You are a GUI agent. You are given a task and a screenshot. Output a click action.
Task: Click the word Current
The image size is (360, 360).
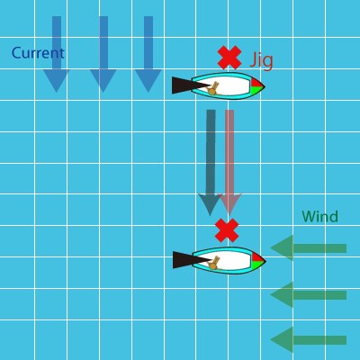(x=38, y=53)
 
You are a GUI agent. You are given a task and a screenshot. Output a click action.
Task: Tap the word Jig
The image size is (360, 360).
(x=262, y=60)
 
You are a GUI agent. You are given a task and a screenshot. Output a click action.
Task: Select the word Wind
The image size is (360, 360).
(x=320, y=216)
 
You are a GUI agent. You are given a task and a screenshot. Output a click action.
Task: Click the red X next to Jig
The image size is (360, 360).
(x=229, y=58)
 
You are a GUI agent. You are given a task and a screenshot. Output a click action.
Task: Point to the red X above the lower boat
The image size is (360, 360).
(x=227, y=230)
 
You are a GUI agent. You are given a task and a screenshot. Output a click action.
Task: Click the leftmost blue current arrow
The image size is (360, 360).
(x=57, y=54)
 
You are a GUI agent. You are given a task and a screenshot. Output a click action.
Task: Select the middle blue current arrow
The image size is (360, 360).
(x=103, y=54)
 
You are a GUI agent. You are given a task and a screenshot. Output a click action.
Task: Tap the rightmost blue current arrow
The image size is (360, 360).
(x=148, y=54)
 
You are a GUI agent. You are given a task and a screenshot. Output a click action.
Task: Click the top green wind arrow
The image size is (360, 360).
(x=309, y=248)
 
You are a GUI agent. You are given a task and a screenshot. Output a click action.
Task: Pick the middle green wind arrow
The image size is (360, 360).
(x=309, y=295)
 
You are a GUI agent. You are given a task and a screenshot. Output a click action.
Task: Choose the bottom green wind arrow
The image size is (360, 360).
(x=309, y=340)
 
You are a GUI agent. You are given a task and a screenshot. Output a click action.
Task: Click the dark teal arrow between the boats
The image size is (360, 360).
(x=211, y=162)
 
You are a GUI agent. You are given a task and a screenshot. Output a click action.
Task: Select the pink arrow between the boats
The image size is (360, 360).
(x=229, y=162)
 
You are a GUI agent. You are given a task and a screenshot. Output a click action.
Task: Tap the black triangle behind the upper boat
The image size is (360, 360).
(x=186, y=85)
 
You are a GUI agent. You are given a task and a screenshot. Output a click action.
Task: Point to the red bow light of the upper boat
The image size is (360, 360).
(x=256, y=83)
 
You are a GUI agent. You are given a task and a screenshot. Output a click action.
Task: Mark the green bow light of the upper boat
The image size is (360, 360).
(x=256, y=90)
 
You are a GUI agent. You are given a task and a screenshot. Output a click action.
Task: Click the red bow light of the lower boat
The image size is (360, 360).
(x=257, y=257)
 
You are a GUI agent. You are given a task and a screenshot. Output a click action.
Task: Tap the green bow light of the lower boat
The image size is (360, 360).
(x=256, y=265)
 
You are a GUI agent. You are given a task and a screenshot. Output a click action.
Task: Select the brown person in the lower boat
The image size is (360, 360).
(x=214, y=263)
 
